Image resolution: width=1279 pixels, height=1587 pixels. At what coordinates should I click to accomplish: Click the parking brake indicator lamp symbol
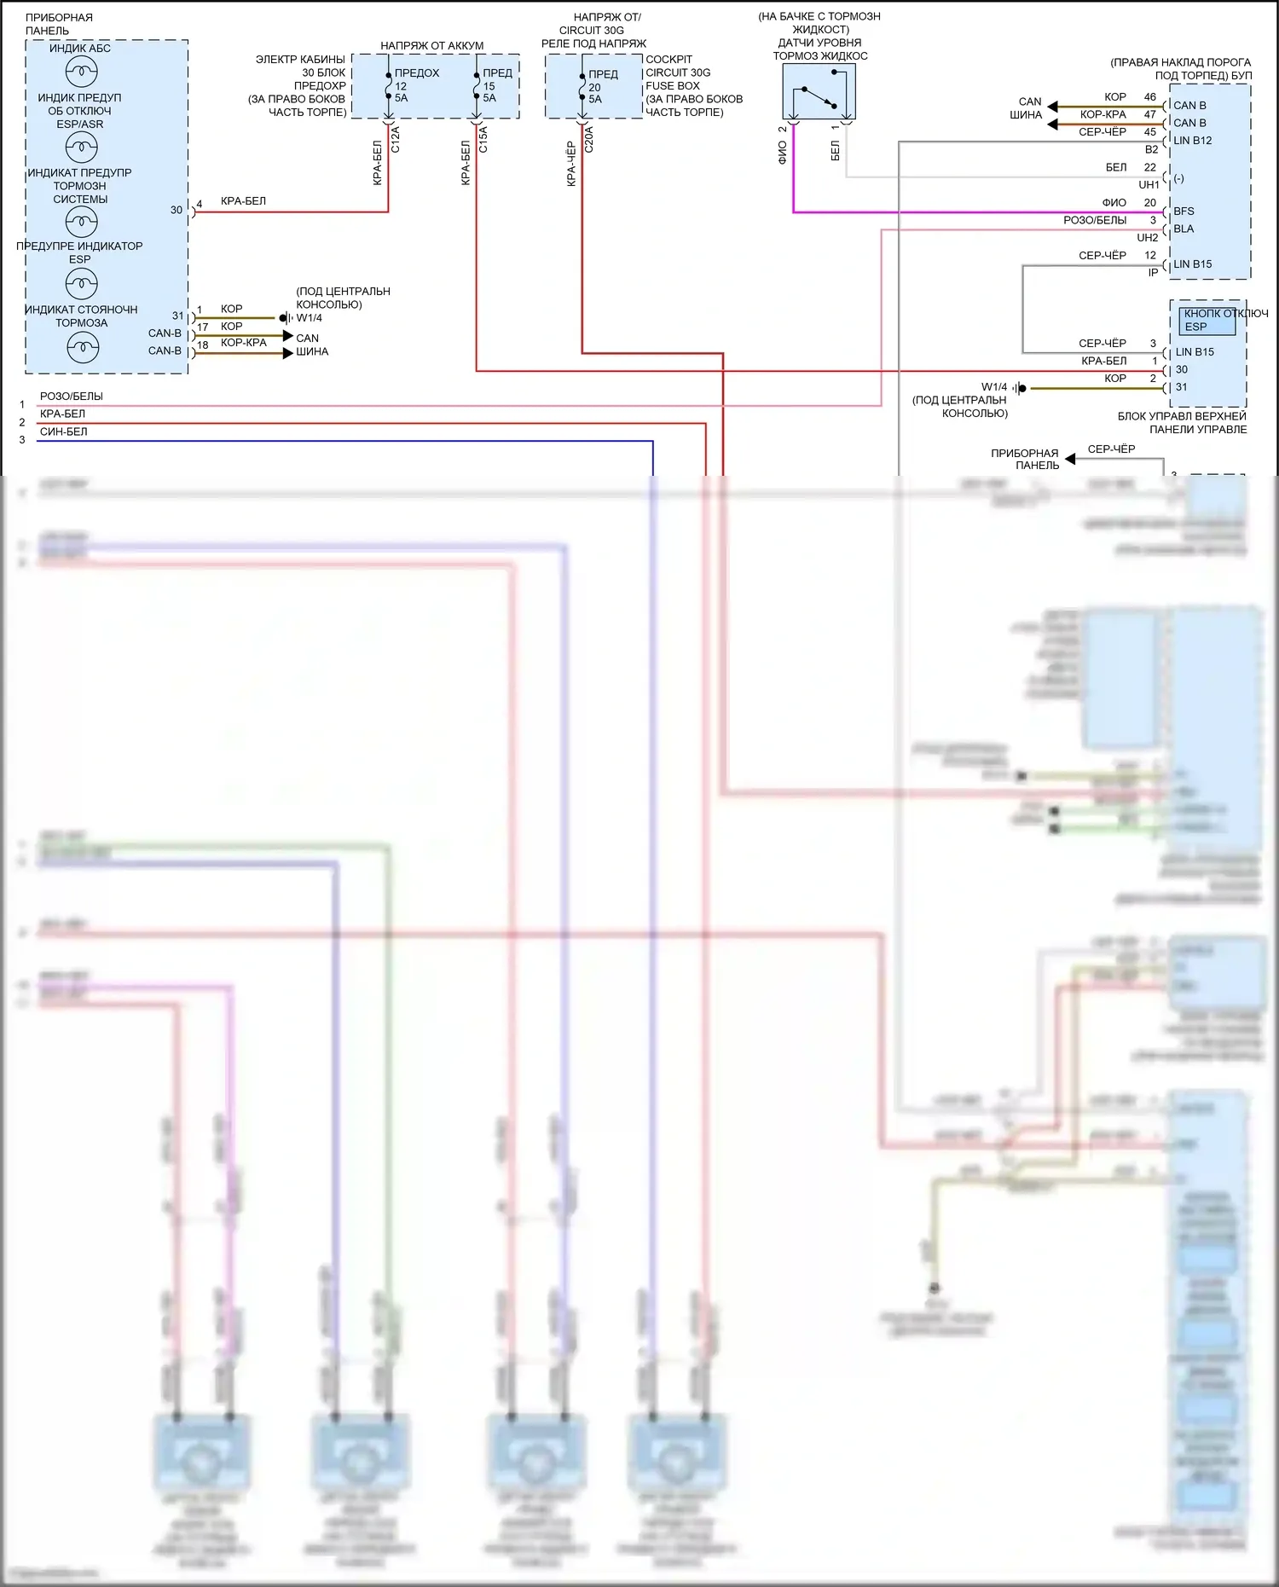click(x=82, y=347)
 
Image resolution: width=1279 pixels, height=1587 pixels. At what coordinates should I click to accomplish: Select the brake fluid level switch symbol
click(x=819, y=92)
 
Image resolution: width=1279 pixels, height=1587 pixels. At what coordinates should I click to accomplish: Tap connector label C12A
click(x=396, y=139)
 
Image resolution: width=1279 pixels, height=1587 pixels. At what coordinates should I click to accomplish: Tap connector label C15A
click(x=483, y=139)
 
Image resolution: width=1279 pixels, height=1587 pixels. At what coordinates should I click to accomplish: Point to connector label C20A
click(x=589, y=139)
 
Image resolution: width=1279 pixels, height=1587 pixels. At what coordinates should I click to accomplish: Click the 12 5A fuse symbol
click(x=389, y=86)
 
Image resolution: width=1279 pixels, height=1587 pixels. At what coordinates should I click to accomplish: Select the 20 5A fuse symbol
click(x=582, y=87)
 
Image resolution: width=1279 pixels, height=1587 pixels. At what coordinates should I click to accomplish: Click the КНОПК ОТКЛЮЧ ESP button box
click(x=1207, y=321)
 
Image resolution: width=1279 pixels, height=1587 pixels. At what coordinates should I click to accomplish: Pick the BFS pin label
click(x=1184, y=211)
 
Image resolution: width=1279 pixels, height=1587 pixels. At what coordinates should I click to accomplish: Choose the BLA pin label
click(x=1184, y=229)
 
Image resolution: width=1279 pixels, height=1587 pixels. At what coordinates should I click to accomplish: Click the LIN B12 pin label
click(x=1192, y=141)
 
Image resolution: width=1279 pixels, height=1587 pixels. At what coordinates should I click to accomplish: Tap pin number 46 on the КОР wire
click(x=1150, y=97)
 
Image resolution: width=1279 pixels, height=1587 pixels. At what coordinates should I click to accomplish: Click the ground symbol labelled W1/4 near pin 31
click(x=1021, y=388)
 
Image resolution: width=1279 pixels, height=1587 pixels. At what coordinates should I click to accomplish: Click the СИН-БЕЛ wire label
click(x=63, y=432)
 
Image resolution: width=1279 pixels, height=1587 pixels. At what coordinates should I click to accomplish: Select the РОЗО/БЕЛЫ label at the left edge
click(x=71, y=397)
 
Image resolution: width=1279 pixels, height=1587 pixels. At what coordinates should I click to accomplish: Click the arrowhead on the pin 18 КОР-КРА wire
click(x=288, y=353)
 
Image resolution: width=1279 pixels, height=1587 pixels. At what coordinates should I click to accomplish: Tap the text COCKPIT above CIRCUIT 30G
click(x=668, y=60)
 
